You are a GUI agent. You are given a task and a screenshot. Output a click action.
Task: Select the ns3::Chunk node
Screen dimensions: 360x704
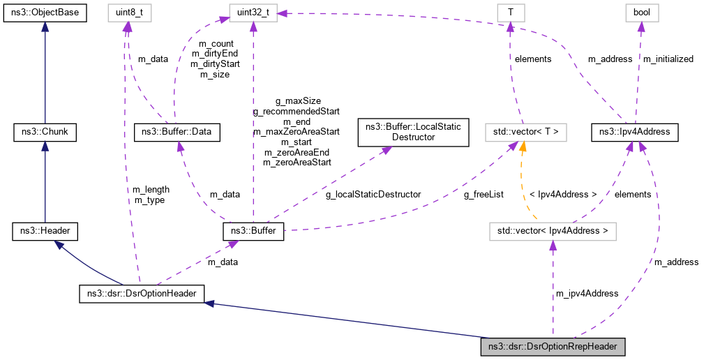45,130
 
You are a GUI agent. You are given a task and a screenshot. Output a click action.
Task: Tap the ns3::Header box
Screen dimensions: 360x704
45,231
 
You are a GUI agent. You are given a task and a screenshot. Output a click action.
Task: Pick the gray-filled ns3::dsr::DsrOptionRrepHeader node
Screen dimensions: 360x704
553,346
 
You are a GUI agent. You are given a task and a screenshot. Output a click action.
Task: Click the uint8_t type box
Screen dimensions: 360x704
126,13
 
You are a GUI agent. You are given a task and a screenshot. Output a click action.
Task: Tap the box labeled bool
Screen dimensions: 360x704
641,13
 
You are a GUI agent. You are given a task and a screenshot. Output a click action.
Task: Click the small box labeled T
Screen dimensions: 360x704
510,13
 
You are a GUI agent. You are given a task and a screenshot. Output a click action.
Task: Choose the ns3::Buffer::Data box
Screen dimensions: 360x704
177,130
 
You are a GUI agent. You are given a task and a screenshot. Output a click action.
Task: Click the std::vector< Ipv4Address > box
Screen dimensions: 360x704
553,231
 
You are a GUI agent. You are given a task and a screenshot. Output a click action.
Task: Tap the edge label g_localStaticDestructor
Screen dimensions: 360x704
373,194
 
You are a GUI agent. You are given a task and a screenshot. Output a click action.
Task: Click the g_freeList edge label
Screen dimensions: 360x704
484,194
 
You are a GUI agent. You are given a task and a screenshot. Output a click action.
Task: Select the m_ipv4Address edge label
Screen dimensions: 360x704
587,293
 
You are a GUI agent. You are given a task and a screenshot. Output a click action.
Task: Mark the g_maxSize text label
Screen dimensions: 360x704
298,100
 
